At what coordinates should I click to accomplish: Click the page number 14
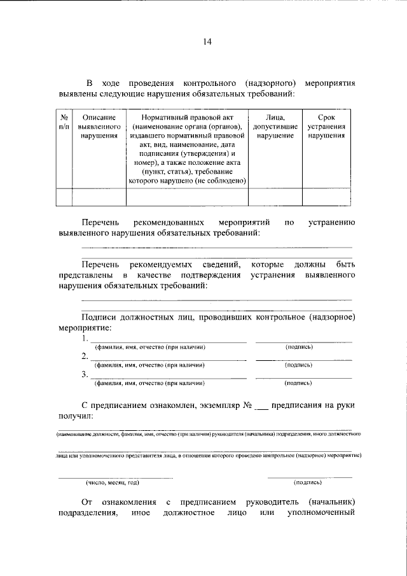[x=207, y=42]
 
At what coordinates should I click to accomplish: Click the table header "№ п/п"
[x=64, y=122]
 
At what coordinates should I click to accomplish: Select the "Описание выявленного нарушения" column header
[x=99, y=127]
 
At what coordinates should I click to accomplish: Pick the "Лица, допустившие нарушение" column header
[x=275, y=127]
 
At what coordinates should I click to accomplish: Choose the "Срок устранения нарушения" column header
[x=326, y=127]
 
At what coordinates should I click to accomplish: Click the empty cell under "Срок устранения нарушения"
[x=326, y=197]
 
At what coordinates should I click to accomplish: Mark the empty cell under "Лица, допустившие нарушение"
[x=275, y=197]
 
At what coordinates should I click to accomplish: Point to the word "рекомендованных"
[x=169, y=223]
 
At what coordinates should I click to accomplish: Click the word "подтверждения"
[x=210, y=275]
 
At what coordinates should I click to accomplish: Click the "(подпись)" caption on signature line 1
[x=300, y=347]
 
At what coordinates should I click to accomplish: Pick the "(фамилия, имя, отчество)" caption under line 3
[x=149, y=384]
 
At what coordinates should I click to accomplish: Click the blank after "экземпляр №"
[x=265, y=405]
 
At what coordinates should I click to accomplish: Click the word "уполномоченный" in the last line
[x=321, y=512]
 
